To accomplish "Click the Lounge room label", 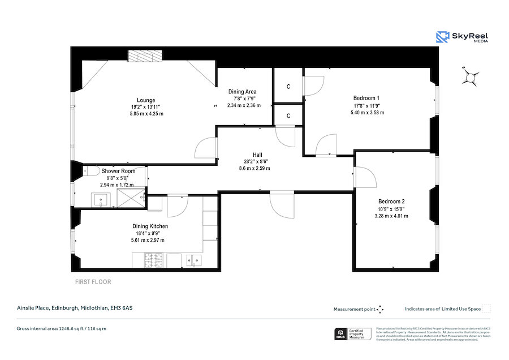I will tap(145, 100).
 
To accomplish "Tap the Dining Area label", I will tap(243, 92).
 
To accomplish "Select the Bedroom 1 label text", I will tap(366, 97).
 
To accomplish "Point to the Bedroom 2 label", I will tap(391, 202).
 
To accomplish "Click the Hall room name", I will tap(257, 155).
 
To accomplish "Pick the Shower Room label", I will tap(118, 171).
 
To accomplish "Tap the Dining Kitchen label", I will tap(150, 226).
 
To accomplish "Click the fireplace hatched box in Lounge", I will tap(145, 55).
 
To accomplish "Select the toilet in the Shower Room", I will tap(90, 170).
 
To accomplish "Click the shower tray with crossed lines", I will tap(131, 199).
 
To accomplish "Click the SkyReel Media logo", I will tap(461, 37).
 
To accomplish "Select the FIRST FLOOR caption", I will tap(93, 281).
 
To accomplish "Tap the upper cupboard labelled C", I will tap(288, 87).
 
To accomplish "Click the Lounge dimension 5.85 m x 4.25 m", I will tap(145, 114).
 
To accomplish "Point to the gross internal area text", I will tap(62, 328).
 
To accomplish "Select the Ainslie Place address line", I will tap(75, 308).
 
